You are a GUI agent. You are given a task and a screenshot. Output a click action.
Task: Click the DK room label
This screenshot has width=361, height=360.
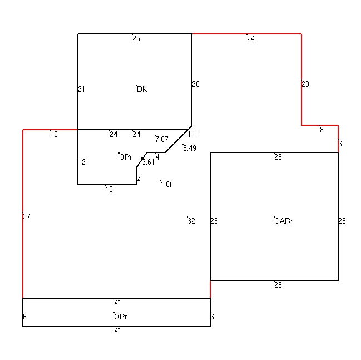click(x=142, y=89)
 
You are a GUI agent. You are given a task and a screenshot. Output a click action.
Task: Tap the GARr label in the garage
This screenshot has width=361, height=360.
click(x=284, y=221)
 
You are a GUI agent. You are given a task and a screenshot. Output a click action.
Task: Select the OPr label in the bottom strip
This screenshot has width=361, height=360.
click(x=120, y=317)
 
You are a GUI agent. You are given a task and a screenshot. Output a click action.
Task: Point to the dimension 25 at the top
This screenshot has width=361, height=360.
click(x=136, y=38)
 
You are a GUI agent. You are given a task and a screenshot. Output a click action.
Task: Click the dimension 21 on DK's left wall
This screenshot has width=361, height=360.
click(x=82, y=89)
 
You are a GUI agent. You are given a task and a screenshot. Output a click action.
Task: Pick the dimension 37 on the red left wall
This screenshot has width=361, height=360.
click(x=27, y=216)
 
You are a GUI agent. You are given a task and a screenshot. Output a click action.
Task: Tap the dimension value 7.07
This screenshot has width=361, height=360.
click(x=162, y=139)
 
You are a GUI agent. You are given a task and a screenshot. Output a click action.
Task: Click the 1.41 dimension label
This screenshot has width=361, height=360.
click(x=194, y=134)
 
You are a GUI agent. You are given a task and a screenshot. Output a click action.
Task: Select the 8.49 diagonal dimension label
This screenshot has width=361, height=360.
click(x=190, y=148)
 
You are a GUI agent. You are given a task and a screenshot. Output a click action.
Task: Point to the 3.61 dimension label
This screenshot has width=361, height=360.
click(x=148, y=162)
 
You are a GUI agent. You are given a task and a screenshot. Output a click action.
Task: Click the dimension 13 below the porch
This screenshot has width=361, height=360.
click(x=109, y=189)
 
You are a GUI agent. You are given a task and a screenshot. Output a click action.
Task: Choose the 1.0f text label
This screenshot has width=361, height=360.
click(x=166, y=185)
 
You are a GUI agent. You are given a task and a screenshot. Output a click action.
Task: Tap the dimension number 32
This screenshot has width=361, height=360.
click(x=191, y=221)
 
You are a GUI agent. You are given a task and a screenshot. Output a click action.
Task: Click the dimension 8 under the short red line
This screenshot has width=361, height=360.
click(x=322, y=130)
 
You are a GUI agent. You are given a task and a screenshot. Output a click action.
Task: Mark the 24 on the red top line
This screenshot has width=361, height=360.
click(x=251, y=38)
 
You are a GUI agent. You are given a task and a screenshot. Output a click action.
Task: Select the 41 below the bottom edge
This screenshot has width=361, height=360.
click(x=117, y=331)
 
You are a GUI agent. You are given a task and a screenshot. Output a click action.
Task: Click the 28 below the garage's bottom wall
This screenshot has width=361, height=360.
click(x=278, y=285)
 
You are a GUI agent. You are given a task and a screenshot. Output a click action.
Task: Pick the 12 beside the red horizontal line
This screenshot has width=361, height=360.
click(x=54, y=134)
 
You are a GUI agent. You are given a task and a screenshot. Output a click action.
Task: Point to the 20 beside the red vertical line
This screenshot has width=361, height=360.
click(x=305, y=85)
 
